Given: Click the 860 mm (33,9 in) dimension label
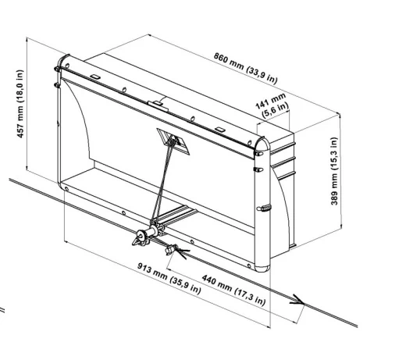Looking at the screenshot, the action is (x=245, y=68).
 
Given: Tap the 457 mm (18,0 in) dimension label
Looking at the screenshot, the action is (x=20, y=104).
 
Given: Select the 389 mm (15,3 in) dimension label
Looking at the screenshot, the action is (x=334, y=171).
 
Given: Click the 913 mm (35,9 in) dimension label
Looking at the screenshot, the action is (x=169, y=278).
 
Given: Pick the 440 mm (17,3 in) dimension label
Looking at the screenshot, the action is (x=233, y=290).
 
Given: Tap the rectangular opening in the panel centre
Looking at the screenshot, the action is (x=173, y=141).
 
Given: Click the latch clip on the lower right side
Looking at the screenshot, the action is (x=264, y=208).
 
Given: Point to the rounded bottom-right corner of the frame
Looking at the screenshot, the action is (x=262, y=268).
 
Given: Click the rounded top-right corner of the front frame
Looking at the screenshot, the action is (x=263, y=142).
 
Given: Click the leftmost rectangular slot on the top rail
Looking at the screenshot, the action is (x=95, y=77).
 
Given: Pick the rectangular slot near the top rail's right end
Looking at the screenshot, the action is (x=220, y=129).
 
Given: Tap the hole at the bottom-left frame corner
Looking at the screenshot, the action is (x=66, y=188).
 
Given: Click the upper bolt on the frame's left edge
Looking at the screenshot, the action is (x=57, y=69).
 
